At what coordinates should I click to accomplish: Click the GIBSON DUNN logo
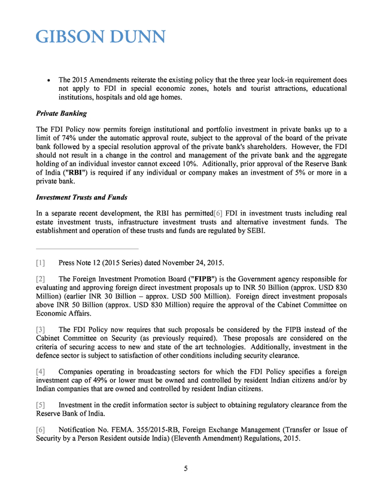coord(101,37)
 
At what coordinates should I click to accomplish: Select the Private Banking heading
coord(61,113)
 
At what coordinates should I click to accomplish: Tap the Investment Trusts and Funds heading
coord(81,197)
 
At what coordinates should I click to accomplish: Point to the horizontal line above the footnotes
coord(87,248)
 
